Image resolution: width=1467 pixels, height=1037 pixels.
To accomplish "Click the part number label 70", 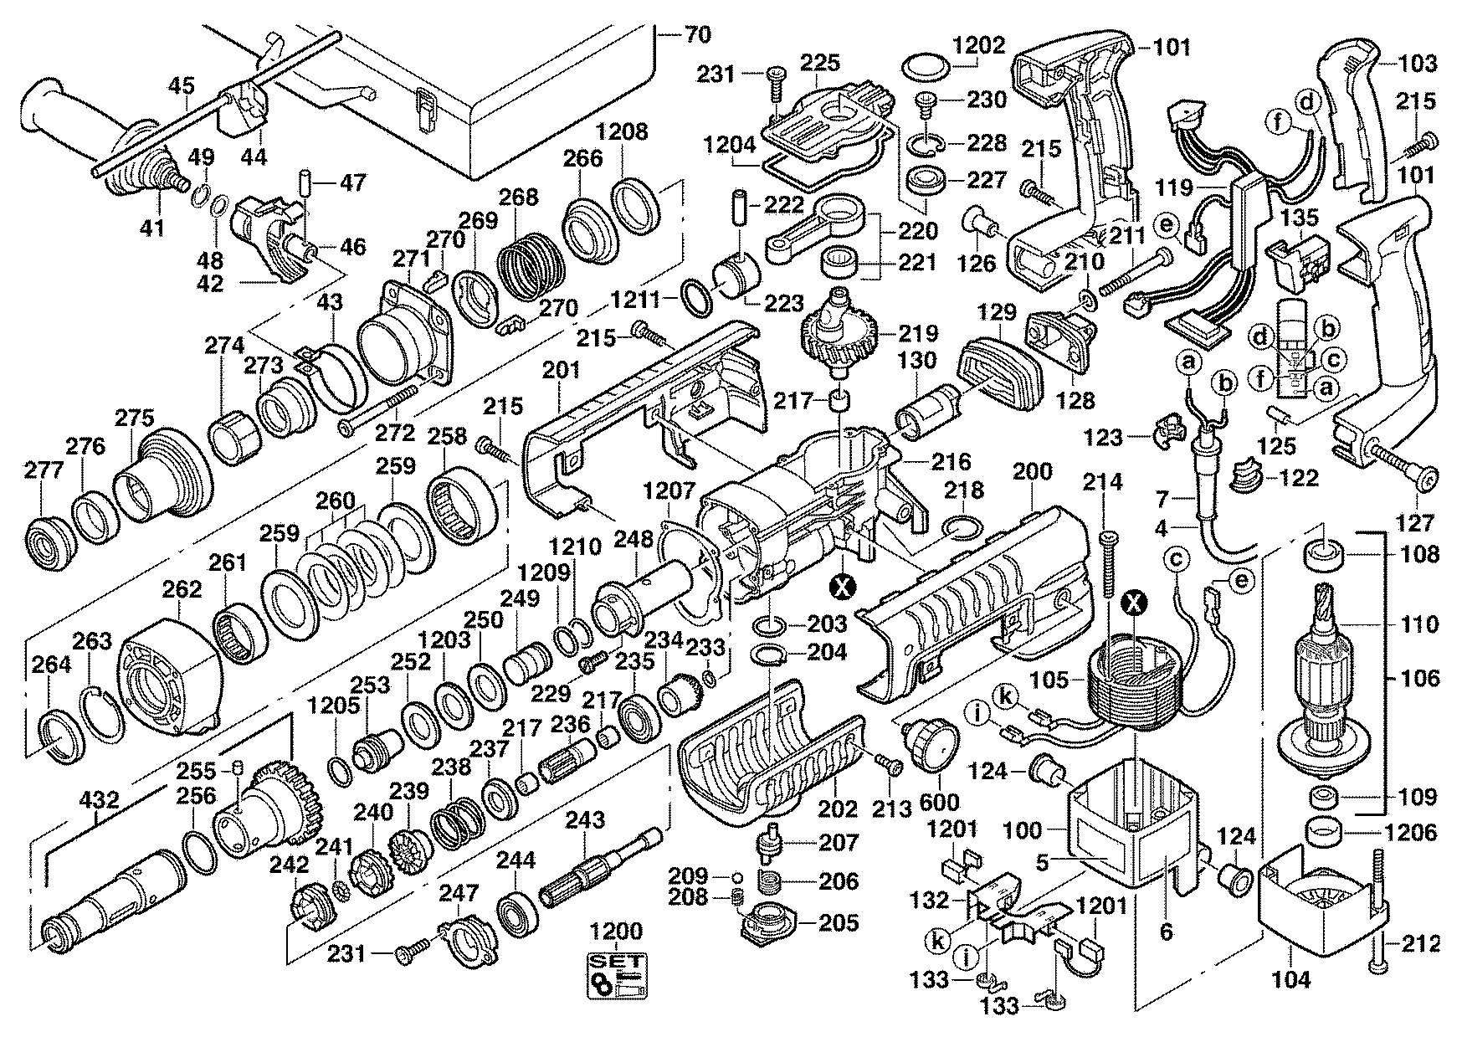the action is tap(697, 35).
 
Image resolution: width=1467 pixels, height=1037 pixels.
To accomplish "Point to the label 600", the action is tap(939, 802).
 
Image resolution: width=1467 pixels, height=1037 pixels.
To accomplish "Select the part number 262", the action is tap(182, 589).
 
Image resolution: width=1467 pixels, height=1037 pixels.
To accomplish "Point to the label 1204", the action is tap(731, 144).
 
